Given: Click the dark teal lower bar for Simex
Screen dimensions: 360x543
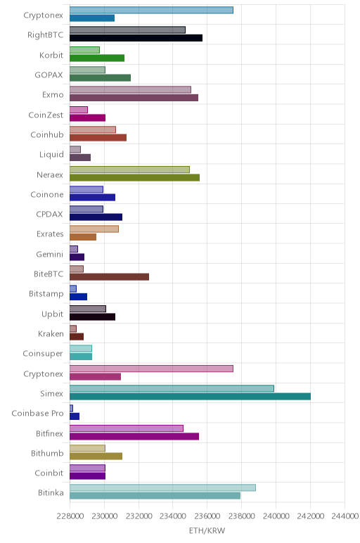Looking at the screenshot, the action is (190, 397).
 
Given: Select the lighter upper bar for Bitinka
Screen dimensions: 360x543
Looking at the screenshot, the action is (162, 487).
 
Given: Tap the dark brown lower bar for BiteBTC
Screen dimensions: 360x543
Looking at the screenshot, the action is (110, 276).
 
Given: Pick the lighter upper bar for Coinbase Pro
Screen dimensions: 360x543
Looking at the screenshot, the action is (71, 408).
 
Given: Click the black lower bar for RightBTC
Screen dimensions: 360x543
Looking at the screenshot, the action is (136, 38).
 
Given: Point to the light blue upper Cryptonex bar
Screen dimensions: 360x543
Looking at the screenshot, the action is (151, 10).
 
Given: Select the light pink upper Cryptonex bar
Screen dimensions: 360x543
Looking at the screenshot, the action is (151, 369).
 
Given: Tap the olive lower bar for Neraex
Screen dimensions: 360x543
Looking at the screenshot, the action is (135, 177).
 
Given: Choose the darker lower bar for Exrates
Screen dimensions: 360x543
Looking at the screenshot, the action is (83, 237).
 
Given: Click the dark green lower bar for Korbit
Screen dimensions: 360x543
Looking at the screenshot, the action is (97, 58).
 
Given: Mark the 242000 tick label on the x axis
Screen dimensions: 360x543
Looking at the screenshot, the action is (311, 516).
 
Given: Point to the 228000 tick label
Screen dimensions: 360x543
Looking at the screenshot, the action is (70, 516).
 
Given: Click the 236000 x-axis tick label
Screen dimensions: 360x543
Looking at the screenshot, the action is (207, 516).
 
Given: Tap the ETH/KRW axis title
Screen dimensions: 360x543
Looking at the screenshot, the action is (207, 530).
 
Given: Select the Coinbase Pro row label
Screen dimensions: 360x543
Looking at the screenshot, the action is (38, 413).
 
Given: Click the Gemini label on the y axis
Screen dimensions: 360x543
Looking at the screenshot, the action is (50, 254).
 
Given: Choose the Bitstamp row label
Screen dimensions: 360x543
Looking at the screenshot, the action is (46, 294).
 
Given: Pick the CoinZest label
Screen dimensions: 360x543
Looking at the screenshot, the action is (46, 115).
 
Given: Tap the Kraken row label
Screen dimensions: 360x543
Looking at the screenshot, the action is (51, 333).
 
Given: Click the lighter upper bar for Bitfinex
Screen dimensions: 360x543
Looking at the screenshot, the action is (127, 428).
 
